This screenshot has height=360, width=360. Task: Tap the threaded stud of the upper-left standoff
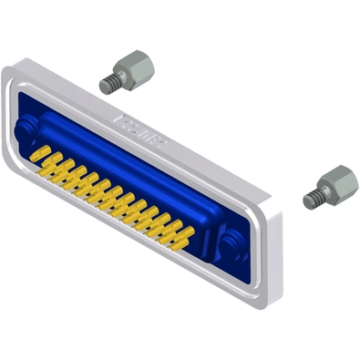pos(108,84)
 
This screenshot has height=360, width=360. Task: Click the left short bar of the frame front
pos(12,114)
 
